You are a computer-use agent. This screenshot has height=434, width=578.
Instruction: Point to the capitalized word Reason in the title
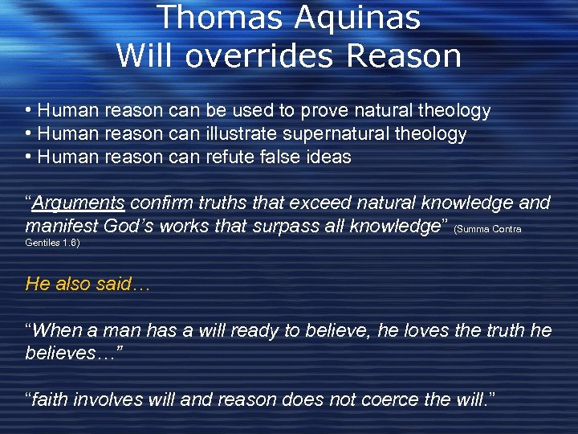(x=411, y=56)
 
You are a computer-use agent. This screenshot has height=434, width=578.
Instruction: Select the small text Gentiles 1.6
(x=53, y=241)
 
